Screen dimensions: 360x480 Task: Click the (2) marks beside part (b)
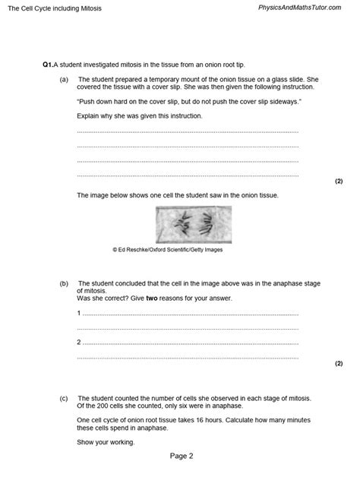(x=339, y=364)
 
